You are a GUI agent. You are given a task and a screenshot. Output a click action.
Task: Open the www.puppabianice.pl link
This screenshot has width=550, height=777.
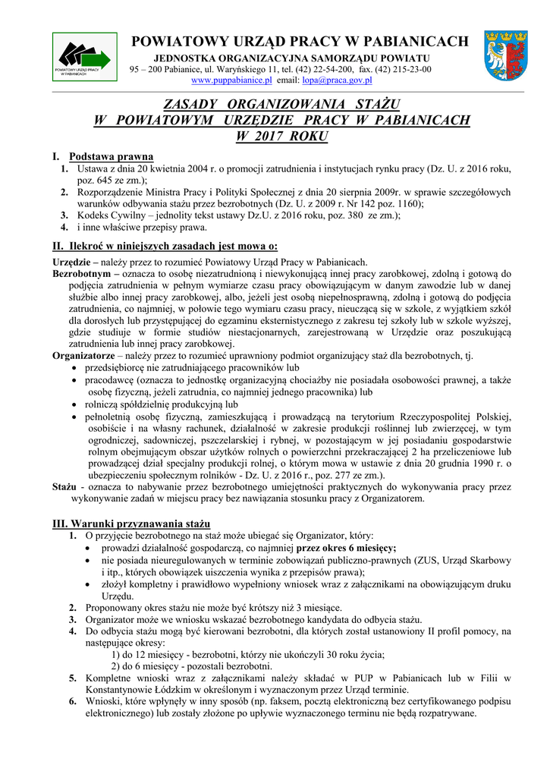click(231, 79)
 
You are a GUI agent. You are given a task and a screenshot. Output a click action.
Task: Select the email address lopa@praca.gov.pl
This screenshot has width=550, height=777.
click(337, 79)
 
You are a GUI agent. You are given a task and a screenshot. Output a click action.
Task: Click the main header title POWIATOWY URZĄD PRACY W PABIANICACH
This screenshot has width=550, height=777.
click(300, 42)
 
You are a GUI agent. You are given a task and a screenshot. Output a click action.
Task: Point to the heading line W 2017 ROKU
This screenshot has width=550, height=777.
click(281, 137)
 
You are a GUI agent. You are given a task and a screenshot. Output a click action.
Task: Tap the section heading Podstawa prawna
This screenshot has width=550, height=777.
click(111, 156)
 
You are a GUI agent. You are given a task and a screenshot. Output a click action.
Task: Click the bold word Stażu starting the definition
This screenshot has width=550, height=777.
click(64, 487)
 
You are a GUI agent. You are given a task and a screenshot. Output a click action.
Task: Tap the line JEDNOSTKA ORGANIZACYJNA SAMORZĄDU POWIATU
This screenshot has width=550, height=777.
click(292, 58)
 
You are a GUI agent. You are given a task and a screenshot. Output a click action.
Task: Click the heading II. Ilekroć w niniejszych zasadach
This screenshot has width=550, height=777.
click(165, 246)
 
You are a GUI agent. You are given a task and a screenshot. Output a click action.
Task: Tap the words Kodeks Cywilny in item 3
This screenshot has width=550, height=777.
click(112, 215)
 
